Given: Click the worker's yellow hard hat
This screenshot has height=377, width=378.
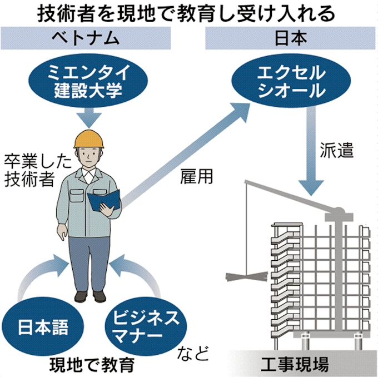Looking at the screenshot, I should coord(89,138).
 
